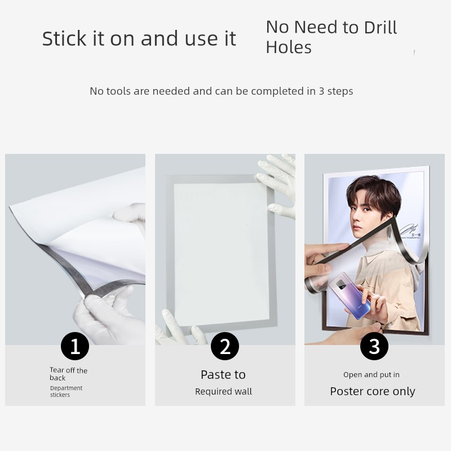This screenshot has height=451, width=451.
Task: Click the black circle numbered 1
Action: pyautogui.click(x=75, y=346)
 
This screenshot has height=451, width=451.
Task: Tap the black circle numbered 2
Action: pyautogui.click(x=225, y=346)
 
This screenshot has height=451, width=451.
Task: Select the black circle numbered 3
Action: pyautogui.click(x=374, y=346)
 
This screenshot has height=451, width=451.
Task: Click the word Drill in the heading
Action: pyautogui.click(x=380, y=27)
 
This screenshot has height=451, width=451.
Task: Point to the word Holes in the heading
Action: pyautogui.click(x=289, y=47)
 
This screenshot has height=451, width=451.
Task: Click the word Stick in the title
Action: pyautogui.click(x=64, y=38)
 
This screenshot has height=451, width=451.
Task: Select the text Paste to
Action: pyautogui.click(x=223, y=375)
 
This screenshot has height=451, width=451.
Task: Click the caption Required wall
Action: pyautogui.click(x=223, y=391)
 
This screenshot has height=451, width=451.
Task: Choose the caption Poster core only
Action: pyautogui.click(x=373, y=391)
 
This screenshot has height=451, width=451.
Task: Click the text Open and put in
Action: pyautogui.click(x=372, y=375)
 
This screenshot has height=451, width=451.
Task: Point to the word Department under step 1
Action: pyautogui.click(x=66, y=388)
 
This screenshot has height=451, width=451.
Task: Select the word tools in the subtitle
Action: pyautogui.click(x=119, y=91)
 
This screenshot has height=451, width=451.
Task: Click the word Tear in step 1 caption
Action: pyautogui.click(x=56, y=370)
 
